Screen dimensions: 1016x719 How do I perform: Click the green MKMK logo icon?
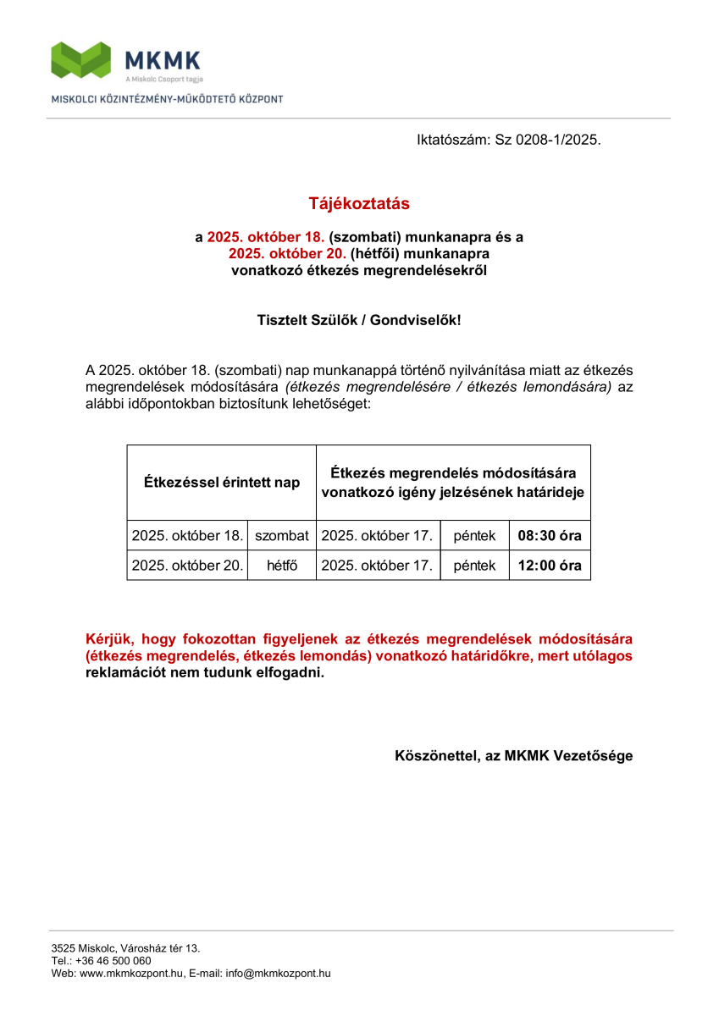coord(81,59)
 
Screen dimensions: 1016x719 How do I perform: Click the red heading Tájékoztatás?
coord(359,204)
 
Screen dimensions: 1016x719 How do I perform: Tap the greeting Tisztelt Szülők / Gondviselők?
coord(359,321)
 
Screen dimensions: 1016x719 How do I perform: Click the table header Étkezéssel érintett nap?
coord(221,483)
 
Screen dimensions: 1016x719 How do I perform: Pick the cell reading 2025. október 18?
coord(187,536)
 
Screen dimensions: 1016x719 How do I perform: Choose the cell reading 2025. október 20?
coord(187,566)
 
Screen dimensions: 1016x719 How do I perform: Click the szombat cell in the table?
coord(282,536)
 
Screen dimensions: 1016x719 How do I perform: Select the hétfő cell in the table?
coord(282,566)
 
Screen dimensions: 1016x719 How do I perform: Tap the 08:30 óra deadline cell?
coord(550,536)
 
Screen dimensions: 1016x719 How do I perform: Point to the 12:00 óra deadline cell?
coord(550,566)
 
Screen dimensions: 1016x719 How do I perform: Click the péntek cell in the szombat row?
coord(474,536)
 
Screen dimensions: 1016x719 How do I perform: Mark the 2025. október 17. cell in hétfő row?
coord(378,566)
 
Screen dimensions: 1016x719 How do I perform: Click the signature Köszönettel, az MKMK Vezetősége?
coord(513,756)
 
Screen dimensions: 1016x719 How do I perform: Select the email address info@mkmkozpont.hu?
coord(278,974)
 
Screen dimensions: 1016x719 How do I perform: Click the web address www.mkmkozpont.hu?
coord(131,974)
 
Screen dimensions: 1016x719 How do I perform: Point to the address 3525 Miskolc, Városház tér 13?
coord(125,948)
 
